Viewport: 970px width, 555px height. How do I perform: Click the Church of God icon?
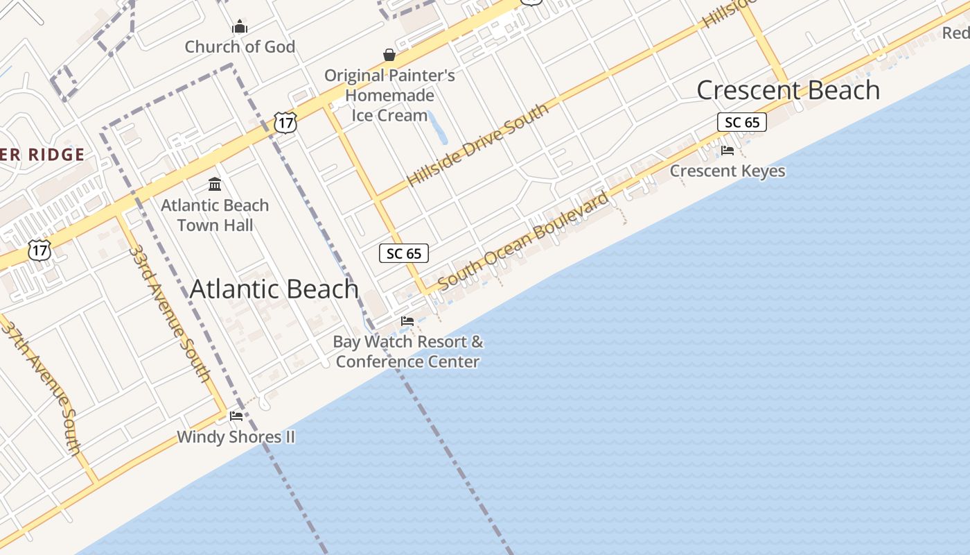pyautogui.click(x=240, y=27)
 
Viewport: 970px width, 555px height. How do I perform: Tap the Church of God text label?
pyautogui.click(x=240, y=47)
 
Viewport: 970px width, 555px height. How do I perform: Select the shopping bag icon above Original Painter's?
pyautogui.click(x=389, y=55)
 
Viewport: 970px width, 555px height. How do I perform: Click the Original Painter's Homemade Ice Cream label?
pyautogui.click(x=389, y=95)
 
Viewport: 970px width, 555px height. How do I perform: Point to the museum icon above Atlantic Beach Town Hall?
pyautogui.click(x=215, y=185)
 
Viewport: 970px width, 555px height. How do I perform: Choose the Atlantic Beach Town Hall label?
pyautogui.click(x=215, y=215)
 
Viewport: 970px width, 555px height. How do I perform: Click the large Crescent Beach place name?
pyautogui.click(x=788, y=90)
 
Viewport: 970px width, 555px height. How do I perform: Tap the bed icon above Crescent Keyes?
pyautogui.click(x=727, y=150)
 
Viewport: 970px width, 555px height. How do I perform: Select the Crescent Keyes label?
pyautogui.click(x=727, y=171)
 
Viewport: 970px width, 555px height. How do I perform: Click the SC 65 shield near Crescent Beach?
pyautogui.click(x=742, y=123)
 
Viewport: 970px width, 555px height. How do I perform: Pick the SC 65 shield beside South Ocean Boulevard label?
pyautogui.click(x=404, y=254)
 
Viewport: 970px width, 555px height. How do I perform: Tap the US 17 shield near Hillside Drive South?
pyautogui.click(x=285, y=123)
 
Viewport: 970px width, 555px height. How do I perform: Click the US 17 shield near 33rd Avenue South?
pyautogui.click(x=39, y=250)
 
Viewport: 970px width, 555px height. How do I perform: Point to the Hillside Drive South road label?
pyautogui.click(x=477, y=144)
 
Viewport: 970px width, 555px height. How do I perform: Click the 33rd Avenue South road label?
pyautogui.click(x=170, y=314)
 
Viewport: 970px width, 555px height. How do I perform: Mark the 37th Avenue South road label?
pyautogui.click(x=42, y=388)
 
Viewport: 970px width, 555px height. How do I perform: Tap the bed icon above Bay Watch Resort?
pyautogui.click(x=407, y=321)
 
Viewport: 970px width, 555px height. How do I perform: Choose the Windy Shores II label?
pyautogui.click(x=236, y=437)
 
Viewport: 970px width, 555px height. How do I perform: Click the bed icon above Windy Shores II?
pyautogui.click(x=236, y=416)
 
